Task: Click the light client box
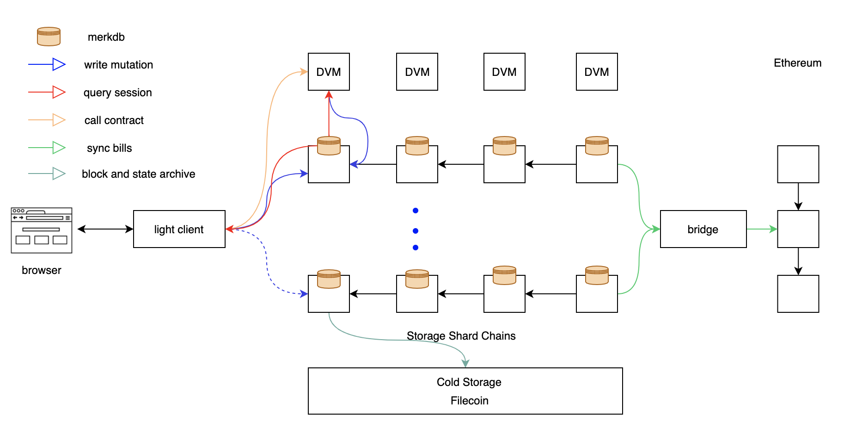point(179,229)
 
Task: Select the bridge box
point(703,229)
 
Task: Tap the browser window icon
point(42,230)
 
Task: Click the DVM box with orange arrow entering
point(329,72)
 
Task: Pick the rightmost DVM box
point(596,72)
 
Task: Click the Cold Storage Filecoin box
point(465,391)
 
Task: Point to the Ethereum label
point(797,63)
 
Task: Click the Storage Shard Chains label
point(461,336)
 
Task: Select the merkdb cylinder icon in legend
point(49,37)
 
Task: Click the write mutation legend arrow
point(47,64)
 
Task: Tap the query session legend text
point(117,93)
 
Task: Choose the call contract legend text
point(114,120)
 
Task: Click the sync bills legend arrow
point(47,148)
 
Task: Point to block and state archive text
point(138,174)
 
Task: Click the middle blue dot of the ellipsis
point(416,230)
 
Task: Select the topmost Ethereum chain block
point(798,164)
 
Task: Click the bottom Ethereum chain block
point(798,294)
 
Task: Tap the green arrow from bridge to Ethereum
point(762,229)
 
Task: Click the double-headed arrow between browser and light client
point(105,229)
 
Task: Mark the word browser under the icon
point(41,270)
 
